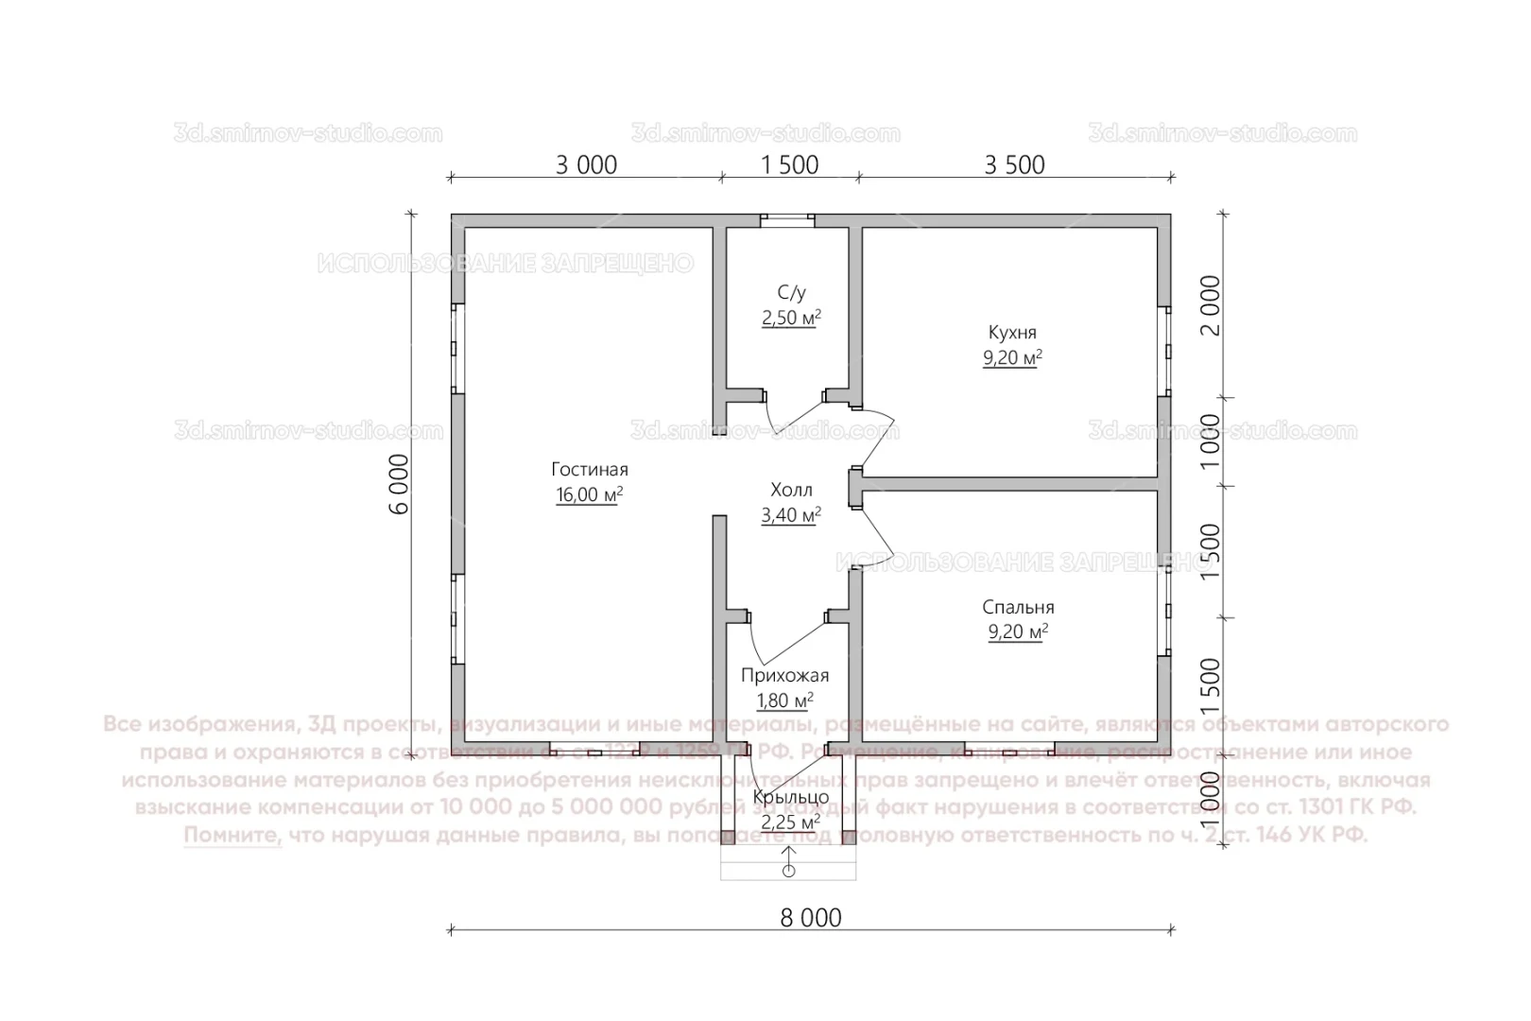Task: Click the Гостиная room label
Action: point(589,470)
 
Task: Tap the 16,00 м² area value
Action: point(589,494)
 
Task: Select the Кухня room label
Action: point(1012,333)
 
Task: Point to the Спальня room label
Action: point(1018,607)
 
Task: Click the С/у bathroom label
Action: point(791,294)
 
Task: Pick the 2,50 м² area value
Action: point(791,319)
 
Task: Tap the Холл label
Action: point(791,490)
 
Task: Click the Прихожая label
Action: point(784,675)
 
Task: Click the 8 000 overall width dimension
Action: point(811,917)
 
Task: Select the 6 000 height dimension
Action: point(399,483)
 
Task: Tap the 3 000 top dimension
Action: point(586,164)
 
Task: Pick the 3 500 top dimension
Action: point(1014,164)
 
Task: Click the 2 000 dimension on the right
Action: point(1211,305)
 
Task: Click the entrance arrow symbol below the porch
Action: point(788,861)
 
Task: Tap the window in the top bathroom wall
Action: point(788,219)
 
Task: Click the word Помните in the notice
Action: point(232,836)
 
